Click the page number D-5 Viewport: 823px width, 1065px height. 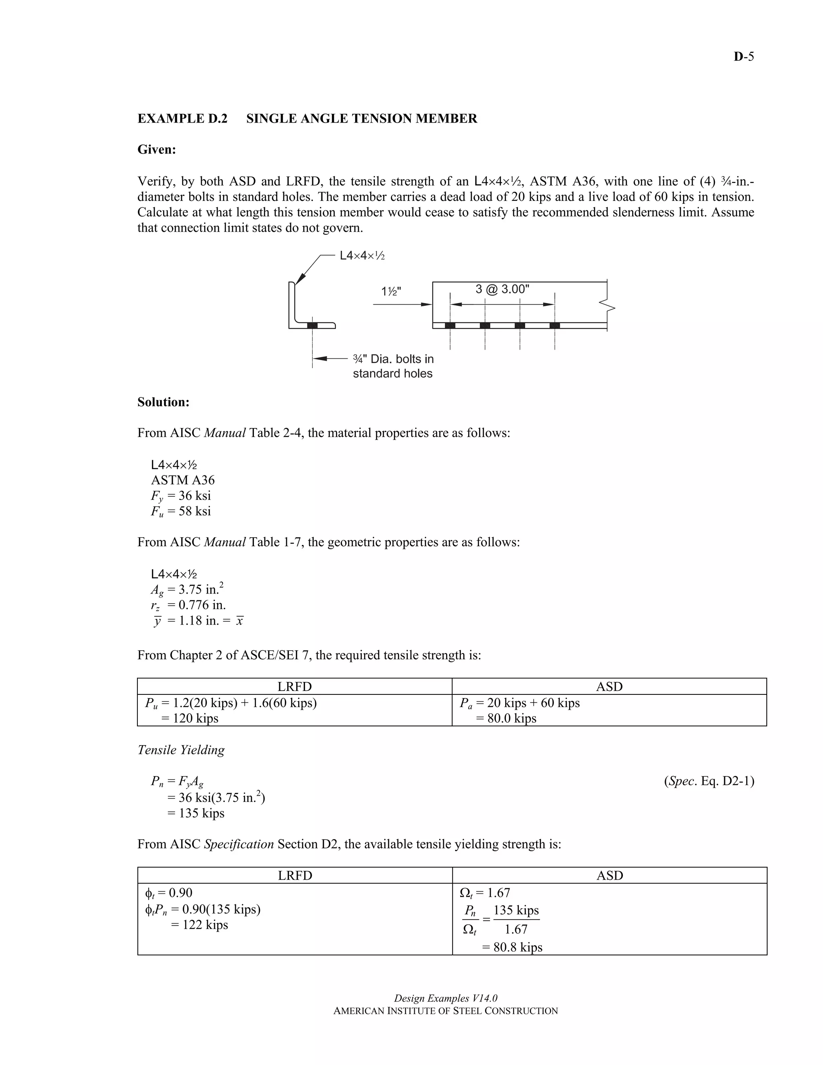click(x=743, y=57)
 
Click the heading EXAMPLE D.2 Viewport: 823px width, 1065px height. click(x=182, y=119)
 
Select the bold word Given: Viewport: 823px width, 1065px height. click(x=156, y=150)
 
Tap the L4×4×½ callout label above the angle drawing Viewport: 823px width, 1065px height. click(x=362, y=256)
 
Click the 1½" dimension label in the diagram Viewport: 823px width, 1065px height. click(x=391, y=292)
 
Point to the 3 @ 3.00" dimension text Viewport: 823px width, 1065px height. click(x=502, y=289)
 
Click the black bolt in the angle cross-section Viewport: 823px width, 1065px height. click(x=312, y=325)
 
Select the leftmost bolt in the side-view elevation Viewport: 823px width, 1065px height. click(x=450, y=325)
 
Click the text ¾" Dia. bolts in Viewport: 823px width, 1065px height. click(x=393, y=359)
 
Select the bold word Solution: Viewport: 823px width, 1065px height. click(x=163, y=402)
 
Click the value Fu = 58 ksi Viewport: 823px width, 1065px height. click(x=181, y=511)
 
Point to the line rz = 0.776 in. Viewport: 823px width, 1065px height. click(x=188, y=605)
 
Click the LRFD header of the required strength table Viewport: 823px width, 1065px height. click(x=295, y=686)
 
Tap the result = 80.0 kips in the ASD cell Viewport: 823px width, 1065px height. click(x=506, y=718)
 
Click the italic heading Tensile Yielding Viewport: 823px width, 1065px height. click(x=181, y=750)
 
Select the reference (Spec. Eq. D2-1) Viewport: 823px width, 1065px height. click(x=709, y=781)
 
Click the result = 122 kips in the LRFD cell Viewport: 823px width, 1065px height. click(x=199, y=925)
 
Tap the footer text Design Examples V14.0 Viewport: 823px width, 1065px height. click(x=446, y=998)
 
